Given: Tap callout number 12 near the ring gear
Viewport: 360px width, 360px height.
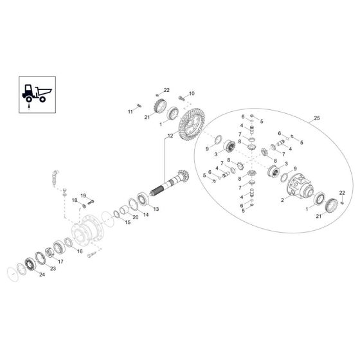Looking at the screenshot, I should (170, 136).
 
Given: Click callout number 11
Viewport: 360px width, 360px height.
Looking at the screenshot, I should (129, 111).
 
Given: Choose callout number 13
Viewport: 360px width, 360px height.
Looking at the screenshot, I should (157, 209).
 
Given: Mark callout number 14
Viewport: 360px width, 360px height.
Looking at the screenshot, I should (145, 216).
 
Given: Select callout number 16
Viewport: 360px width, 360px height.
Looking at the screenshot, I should (80, 252).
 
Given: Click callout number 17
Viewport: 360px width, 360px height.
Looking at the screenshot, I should (60, 262).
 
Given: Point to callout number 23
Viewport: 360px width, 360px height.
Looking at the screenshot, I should (53, 269).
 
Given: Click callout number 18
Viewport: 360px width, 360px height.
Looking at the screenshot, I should (74, 201).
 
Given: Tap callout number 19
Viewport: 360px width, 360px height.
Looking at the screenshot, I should (83, 195).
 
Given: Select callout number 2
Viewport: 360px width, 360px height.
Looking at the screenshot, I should (282, 201).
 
